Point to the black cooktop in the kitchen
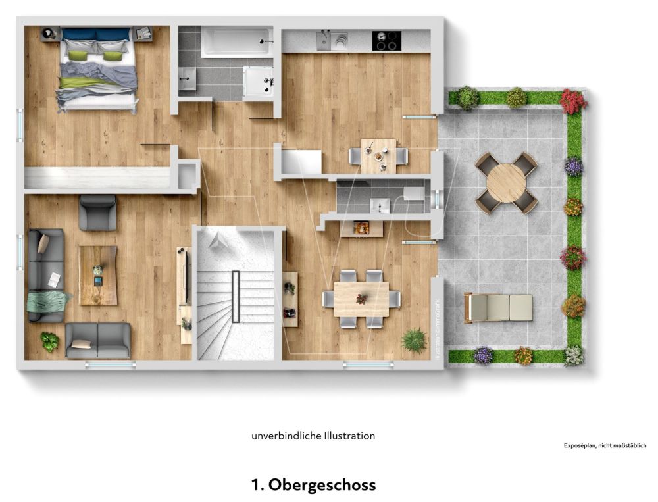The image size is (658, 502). tap(386, 40)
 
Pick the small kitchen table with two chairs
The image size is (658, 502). tap(378, 155)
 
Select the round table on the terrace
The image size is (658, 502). tap(506, 183)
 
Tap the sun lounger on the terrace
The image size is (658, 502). tap(499, 307)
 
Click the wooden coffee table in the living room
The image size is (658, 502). tap(98, 275)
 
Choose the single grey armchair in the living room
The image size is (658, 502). tap(97, 212)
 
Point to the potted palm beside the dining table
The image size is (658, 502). tap(414, 339)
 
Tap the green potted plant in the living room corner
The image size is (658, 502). tap(49, 341)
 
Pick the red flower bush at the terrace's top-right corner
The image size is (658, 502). tap(573, 101)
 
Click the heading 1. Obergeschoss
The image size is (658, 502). tap(313, 486)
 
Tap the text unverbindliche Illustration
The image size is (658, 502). tap(313, 436)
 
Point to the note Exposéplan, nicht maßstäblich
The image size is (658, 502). tap(605, 445)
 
